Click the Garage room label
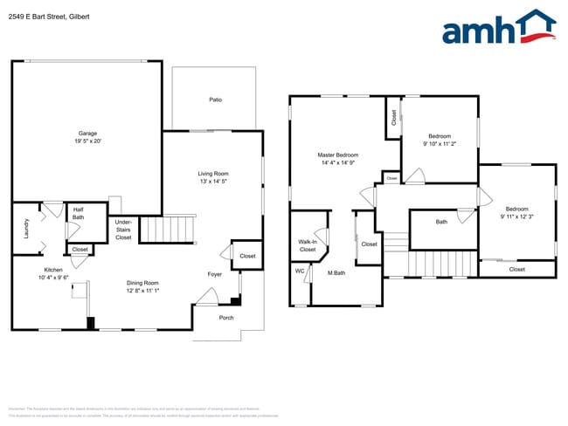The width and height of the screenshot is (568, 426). [87, 134]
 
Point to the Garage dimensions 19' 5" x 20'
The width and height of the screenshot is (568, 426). [87, 141]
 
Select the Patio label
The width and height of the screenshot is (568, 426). [215, 100]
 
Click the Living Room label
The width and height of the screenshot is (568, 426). [212, 174]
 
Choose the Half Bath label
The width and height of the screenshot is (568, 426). [78, 213]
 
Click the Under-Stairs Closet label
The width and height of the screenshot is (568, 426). [123, 230]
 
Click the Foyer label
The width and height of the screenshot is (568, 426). [214, 274]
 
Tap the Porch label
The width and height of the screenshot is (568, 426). [225, 318]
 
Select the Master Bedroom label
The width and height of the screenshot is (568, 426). [337, 155]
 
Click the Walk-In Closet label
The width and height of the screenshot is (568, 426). [307, 245]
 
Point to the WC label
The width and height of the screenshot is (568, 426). [300, 271]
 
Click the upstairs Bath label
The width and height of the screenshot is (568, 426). [441, 222]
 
